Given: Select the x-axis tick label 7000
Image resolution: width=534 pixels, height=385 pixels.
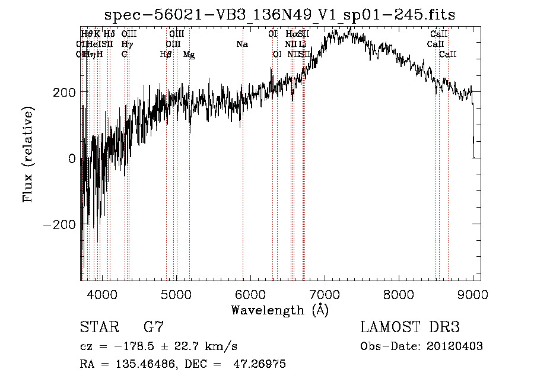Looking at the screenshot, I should point(325,294).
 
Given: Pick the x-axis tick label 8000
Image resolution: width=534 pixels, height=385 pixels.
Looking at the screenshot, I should point(399,294).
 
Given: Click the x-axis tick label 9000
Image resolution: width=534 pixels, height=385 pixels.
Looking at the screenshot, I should point(473,294).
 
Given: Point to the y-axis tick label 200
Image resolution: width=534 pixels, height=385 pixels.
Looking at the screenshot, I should point(63,92).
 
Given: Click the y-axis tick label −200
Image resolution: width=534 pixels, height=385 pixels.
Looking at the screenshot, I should point(59,224).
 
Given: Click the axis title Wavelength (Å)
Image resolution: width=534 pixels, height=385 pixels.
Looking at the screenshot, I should point(279,310).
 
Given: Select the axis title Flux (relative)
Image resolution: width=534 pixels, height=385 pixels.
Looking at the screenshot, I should point(28,154).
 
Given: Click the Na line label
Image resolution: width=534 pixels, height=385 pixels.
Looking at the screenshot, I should point(241,44).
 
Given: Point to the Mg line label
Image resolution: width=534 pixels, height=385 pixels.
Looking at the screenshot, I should point(189,55).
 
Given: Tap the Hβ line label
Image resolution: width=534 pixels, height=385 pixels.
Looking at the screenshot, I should point(166,55).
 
